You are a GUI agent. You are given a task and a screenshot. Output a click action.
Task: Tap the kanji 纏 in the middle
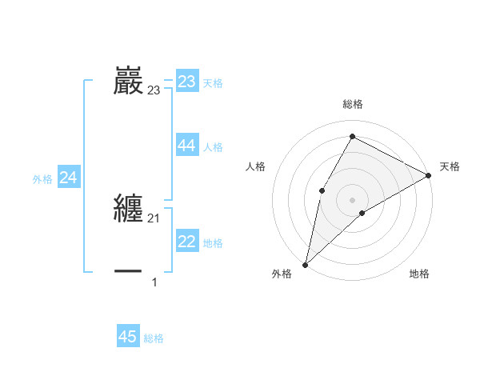[129, 209]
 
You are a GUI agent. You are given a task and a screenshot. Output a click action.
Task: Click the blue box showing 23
[187, 82]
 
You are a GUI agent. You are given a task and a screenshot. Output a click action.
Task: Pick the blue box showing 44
[187, 145]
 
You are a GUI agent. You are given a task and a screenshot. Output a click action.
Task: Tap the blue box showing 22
[187, 242]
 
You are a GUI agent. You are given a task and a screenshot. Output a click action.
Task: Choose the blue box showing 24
[69, 178]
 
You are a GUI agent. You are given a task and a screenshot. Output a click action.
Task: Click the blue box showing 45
[128, 337]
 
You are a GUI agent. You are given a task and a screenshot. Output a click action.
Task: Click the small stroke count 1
[154, 282]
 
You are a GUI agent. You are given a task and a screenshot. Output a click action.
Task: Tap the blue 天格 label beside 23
[213, 83]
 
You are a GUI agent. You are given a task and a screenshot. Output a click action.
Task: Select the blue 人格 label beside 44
[213, 147]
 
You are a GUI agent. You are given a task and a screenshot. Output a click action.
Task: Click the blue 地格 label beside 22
[213, 243]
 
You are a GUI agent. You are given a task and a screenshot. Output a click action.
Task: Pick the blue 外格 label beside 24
[42, 180]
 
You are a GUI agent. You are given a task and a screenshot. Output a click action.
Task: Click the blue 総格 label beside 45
[154, 339]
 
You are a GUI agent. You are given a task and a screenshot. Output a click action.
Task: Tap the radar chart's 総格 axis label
[352, 104]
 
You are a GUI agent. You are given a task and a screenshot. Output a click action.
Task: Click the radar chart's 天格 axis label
[450, 166]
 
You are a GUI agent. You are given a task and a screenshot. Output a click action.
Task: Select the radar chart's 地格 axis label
[419, 274]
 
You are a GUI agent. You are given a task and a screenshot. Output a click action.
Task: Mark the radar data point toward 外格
[305, 264]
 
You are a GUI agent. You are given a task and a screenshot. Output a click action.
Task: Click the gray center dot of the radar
[352, 199]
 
